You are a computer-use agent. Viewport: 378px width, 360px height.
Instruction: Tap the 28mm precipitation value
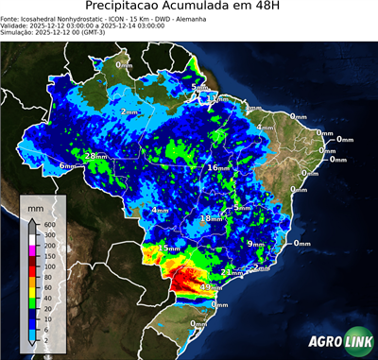pos(95,156)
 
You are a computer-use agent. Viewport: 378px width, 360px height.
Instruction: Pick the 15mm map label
pos(167,248)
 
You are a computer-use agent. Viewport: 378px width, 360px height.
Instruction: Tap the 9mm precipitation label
pos(255,244)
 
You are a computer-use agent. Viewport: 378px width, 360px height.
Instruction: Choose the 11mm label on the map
pos(218,98)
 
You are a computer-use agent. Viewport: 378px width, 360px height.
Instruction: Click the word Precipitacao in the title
pos(129,8)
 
